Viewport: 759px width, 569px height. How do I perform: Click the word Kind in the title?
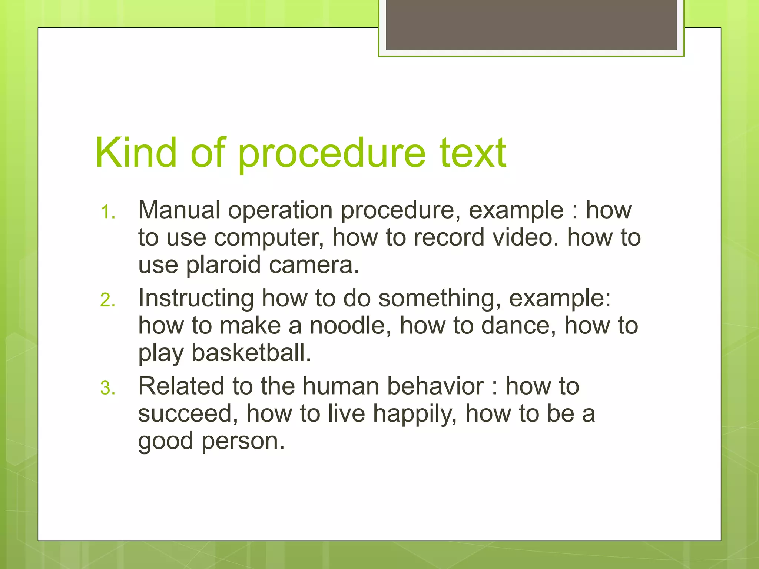(x=136, y=153)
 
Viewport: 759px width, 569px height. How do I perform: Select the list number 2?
(x=107, y=300)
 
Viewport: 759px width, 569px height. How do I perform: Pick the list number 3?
(x=107, y=388)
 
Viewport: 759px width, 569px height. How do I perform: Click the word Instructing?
(x=196, y=299)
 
